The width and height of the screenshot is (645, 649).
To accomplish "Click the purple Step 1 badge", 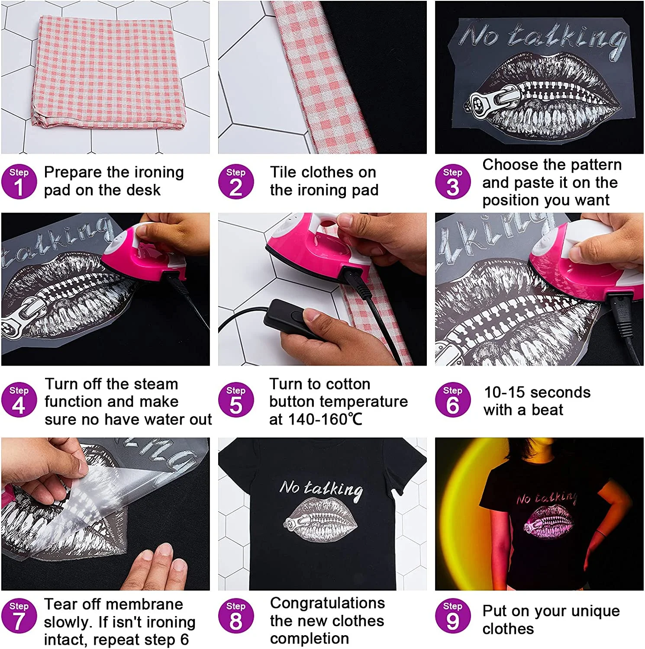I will pos(19,182).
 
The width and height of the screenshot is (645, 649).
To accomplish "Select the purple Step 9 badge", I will pos(452,616).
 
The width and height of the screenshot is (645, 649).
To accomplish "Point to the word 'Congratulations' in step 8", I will pos(327,603).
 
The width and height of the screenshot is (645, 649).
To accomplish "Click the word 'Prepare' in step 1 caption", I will pos(73,172).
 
